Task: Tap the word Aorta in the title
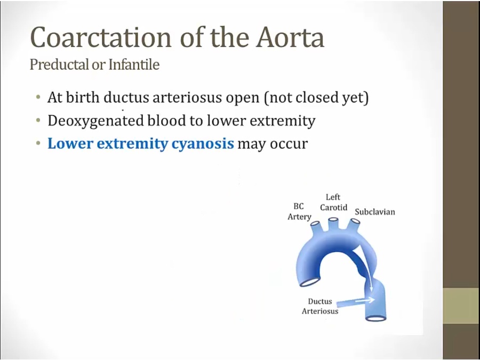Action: pos(290,37)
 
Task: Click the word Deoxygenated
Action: pos(95,121)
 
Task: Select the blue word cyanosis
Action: pos(203,144)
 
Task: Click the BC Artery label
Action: pos(299,212)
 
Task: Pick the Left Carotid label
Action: pos(333,202)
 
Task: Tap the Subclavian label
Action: pos(375,212)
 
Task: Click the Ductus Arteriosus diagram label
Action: pos(320,306)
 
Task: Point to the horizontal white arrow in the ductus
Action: pos(365,300)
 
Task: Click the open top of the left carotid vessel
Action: pos(333,219)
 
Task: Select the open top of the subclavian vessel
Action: pos(355,221)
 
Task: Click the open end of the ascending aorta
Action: pos(309,282)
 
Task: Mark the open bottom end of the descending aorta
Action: pos(376,318)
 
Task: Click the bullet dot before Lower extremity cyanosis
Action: pos(38,143)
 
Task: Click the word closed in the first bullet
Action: pos(317,98)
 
